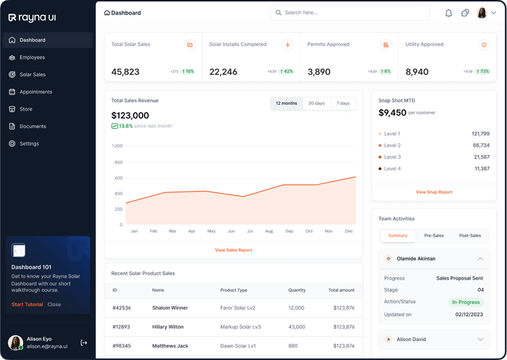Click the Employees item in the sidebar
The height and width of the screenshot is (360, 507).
tap(32, 58)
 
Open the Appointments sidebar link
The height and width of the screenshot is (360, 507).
tap(35, 92)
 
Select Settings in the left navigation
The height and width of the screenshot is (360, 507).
tap(29, 144)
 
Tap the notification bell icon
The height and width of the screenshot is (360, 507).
tap(449, 13)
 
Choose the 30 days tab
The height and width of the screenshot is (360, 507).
tap(316, 103)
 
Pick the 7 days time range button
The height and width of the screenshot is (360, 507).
tap(343, 103)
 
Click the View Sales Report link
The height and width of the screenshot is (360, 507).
tap(233, 250)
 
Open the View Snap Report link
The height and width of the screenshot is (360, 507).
tap(433, 192)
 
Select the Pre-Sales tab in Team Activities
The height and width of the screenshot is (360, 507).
tap(434, 236)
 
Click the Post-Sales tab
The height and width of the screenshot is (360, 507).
tap(470, 236)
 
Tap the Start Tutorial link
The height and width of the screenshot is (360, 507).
tap(27, 305)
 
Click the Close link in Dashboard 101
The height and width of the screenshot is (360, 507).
tap(55, 305)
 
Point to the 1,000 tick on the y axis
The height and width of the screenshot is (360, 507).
tap(117, 146)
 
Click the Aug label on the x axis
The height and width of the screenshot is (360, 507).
tap(269, 231)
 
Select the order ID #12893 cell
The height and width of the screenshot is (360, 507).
tap(122, 327)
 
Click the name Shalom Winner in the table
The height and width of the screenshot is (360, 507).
tap(170, 308)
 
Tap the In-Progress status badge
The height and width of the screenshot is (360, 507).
tap(466, 302)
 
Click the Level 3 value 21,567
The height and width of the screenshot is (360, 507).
tap(481, 157)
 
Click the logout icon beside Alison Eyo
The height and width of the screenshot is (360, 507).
tap(84, 343)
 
